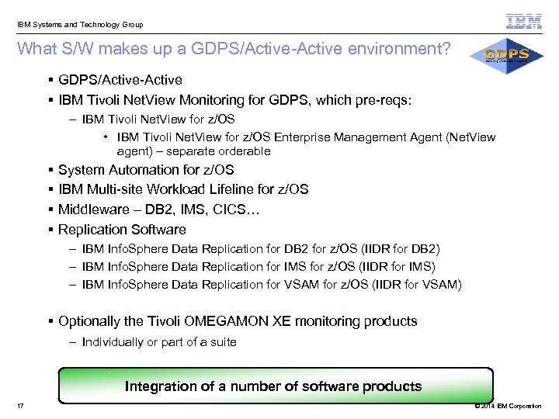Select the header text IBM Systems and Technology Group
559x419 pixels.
pos(80,24)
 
